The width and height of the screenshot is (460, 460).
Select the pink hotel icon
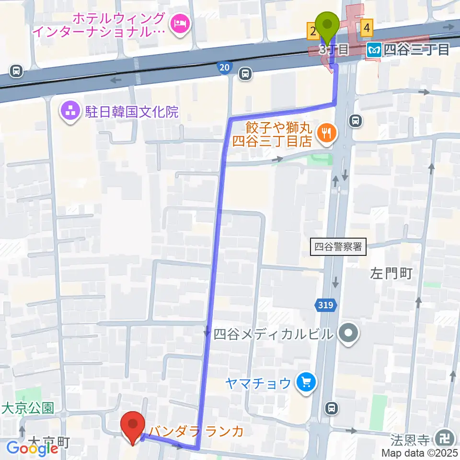coord(181,22)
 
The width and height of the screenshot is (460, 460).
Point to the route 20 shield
coord(224,68)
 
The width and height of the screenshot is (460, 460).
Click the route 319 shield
coord(326,305)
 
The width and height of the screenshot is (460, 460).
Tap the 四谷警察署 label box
coord(338,247)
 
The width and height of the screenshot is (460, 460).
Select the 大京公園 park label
coord(27,408)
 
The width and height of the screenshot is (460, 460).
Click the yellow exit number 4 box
coord(367,28)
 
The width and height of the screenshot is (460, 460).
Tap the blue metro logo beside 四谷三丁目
coord(373,49)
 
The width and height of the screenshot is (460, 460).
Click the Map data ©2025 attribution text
coord(420,453)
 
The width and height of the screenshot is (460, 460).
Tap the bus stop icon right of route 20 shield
coord(245,73)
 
